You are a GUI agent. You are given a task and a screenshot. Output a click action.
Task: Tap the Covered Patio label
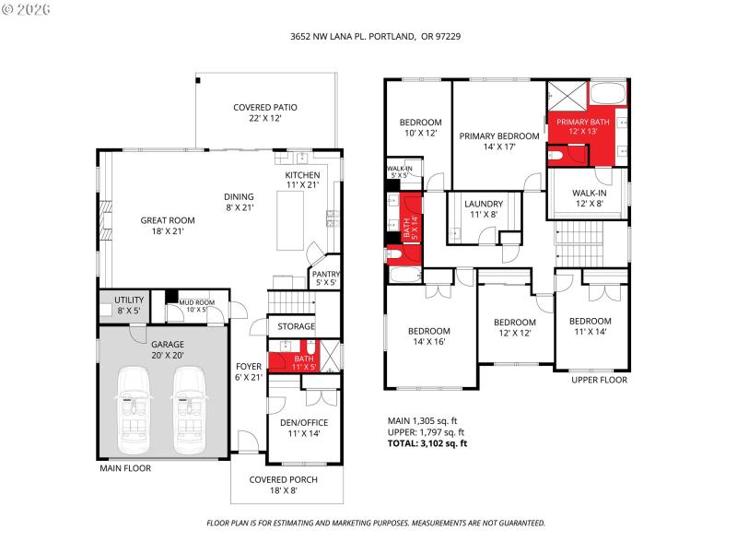click(264, 112)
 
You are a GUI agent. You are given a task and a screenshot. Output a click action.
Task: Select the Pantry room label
click(326, 277)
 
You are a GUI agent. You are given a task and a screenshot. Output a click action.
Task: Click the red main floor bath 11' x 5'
click(304, 362)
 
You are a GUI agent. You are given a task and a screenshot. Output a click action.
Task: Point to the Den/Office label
click(304, 428)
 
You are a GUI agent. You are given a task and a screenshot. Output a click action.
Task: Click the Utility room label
click(128, 304)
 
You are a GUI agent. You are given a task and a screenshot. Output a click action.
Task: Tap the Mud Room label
click(196, 305)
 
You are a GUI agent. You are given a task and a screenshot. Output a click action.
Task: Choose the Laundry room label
click(483, 208)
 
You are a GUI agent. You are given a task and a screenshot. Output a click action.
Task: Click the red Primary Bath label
click(582, 126)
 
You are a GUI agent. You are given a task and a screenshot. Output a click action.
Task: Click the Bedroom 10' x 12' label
click(420, 127)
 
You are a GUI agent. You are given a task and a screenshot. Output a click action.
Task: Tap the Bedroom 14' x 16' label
click(429, 336)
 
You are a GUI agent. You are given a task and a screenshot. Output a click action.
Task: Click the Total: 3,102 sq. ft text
click(427, 443)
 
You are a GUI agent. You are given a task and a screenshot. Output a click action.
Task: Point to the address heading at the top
click(368, 38)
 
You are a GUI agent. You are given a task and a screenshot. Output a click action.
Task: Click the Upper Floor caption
click(599, 380)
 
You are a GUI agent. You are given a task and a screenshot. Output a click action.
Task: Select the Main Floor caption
click(125, 468)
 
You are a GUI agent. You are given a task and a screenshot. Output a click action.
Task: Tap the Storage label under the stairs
click(290, 326)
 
